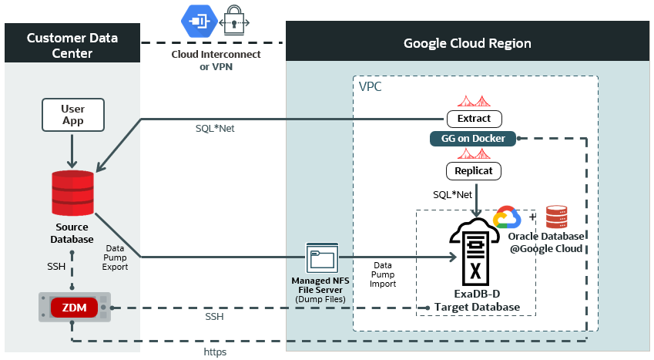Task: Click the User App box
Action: (x=73, y=115)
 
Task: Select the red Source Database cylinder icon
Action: (x=73, y=193)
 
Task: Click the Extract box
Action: (x=475, y=119)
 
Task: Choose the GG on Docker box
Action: (x=473, y=139)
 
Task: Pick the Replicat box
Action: (x=474, y=170)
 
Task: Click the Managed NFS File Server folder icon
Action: (x=322, y=258)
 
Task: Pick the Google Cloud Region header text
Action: (x=468, y=43)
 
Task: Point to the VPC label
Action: (x=371, y=86)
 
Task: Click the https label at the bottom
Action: (x=215, y=352)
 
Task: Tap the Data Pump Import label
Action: (x=382, y=274)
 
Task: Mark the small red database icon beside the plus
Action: (x=556, y=217)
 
